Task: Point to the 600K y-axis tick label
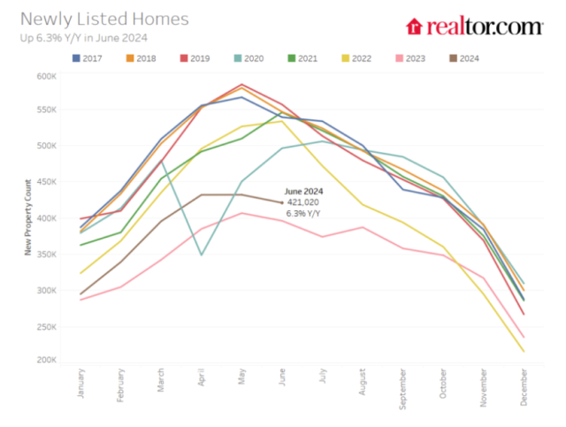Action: click(x=45, y=76)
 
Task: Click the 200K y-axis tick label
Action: click(x=45, y=361)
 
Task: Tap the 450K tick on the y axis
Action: click(x=45, y=183)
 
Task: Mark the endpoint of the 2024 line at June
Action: click(x=282, y=202)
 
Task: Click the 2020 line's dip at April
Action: click(x=201, y=255)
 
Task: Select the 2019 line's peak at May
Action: click(x=241, y=85)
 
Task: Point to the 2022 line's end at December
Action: click(x=523, y=352)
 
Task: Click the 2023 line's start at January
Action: click(x=80, y=300)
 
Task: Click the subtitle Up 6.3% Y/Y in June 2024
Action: click(x=83, y=37)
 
